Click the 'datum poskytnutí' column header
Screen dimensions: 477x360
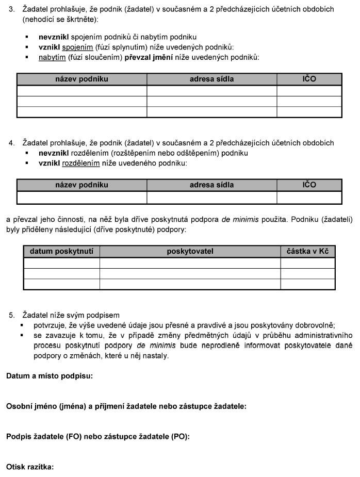tap(61, 251)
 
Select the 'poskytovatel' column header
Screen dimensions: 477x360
tap(190, 251)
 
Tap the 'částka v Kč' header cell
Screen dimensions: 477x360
tap(308, 251)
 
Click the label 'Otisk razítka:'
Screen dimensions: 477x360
tap(30, 467)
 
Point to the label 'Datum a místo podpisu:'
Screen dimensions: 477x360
tap(50, 376)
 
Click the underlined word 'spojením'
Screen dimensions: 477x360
tap(81, 47)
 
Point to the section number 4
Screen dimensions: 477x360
tap(12, 143)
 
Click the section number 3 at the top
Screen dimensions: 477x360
tap(12, 9)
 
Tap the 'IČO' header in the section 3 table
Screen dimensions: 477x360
tap(309, 79)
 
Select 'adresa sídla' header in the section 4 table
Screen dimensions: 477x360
tap(211, 185)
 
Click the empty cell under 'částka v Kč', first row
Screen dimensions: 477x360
tap(308, 263)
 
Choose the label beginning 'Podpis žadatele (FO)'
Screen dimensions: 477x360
tap(98, 437)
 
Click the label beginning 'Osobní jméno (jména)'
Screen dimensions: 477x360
tap(126, 406)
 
